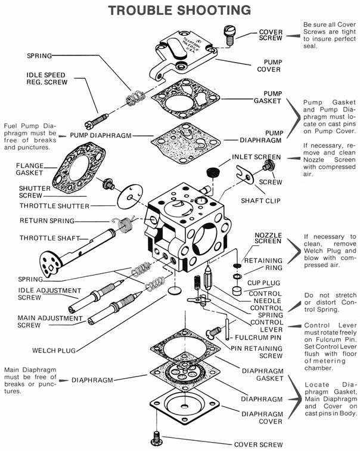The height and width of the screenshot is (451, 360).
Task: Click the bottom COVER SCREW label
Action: pyautogui.click(x=257, y=444)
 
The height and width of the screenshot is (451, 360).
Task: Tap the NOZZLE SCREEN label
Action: pyautogui.click(x=268, y=238)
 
